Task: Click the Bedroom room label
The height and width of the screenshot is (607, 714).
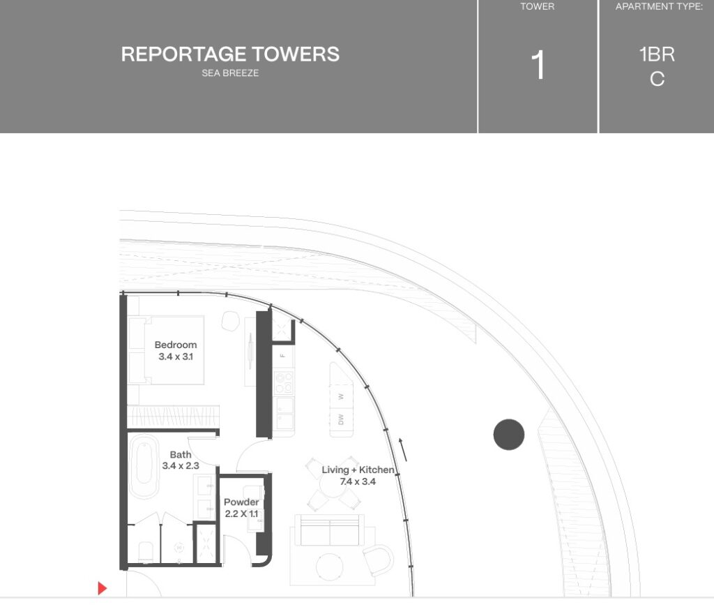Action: [176, 345]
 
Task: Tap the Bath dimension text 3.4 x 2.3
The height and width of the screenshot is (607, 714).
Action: [181, 465]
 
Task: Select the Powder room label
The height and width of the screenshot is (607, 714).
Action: [241, 502]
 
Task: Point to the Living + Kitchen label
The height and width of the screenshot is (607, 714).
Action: [358, 470]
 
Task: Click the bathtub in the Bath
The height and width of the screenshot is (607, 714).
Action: [144, 466]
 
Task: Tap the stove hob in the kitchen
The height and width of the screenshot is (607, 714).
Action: [284, 382]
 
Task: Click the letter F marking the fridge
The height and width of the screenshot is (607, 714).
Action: [282, 355]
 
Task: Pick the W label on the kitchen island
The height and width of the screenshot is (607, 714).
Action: [341, 396]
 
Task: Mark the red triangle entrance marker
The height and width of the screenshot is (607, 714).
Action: [102, 588]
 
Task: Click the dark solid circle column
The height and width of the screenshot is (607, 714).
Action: [508, 435]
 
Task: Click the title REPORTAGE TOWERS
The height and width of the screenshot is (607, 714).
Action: [230, 54]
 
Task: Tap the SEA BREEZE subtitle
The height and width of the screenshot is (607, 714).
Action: [230, 73]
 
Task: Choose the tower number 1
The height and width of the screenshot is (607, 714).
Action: [538, 66]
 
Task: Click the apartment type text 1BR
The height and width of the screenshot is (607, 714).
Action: [657, 54]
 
